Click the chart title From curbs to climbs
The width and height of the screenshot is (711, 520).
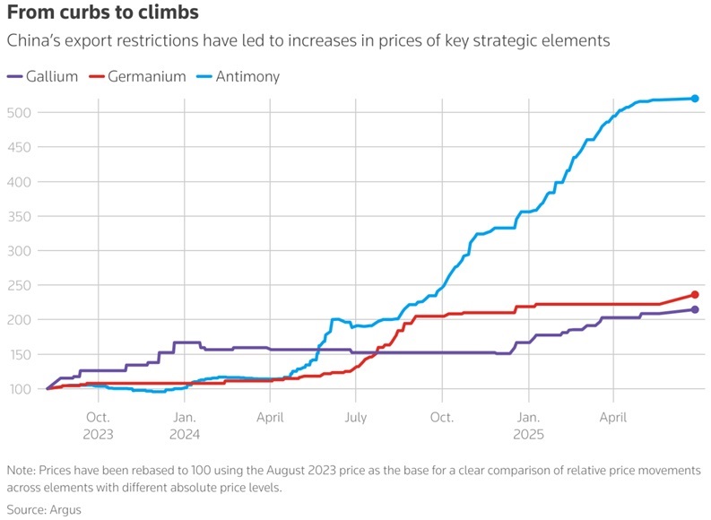tap(103, 13)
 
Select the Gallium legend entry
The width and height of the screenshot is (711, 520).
tap(43, 76)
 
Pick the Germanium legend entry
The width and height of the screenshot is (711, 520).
tap(137, 76)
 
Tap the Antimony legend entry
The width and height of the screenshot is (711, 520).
tap(238, 76)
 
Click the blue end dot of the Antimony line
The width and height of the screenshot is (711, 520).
tap(695, 99)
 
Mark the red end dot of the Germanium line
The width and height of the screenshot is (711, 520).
tap(695, 295)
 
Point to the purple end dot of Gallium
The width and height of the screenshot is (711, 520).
tap(695, 309)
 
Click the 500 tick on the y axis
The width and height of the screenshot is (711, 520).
tap(19, 112)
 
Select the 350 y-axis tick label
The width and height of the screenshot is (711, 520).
tap(19, 216)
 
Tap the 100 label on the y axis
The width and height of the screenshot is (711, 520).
tap(19, 389)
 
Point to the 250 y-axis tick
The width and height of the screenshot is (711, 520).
tap(19, 285)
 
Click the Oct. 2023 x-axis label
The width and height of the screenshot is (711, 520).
tap(98, 426)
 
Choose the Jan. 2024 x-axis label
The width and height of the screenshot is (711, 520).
tap(185, 426)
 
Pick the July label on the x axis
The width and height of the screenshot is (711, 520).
tap(355, 417)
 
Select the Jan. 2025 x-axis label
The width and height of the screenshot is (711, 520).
tap(528, 426)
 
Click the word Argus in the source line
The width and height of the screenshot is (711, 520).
tap(65, 510)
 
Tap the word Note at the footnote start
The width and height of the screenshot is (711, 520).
tap(21, 470)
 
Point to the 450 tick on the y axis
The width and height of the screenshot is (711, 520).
tap(19, 147)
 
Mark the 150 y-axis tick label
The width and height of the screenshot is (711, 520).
tap(19, 354)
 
